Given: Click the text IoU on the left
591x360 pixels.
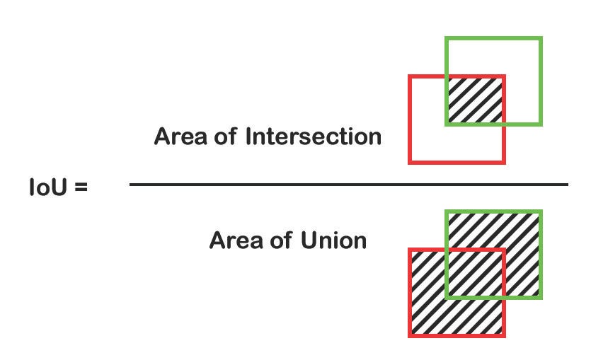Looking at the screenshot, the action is (x=49, y=188).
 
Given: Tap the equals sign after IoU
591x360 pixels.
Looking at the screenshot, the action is (x=80, y=189).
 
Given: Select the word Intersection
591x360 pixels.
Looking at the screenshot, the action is (x=313, y=136).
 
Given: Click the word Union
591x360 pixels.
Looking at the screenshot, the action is (x=333, y=240).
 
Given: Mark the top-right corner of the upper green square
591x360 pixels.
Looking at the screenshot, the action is (x=541, y=38).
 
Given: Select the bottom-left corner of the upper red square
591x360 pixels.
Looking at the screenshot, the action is (x=410, y=163).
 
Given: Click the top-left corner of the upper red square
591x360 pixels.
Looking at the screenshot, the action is (x=410, y=76).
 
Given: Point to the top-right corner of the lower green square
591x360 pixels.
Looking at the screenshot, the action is (x=541, y=211).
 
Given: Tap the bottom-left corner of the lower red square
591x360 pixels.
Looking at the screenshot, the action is (x=410, y=335).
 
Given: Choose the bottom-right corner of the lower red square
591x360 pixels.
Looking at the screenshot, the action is (x=504, y=335).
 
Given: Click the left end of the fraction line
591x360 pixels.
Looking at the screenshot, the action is (x=130, y=185).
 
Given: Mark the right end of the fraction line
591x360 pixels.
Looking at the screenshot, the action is (x=568, y=185).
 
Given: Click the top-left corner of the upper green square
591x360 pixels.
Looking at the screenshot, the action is (x=446, y=38).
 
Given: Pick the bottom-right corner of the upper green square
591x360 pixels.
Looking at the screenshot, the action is (x=541, y=124).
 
